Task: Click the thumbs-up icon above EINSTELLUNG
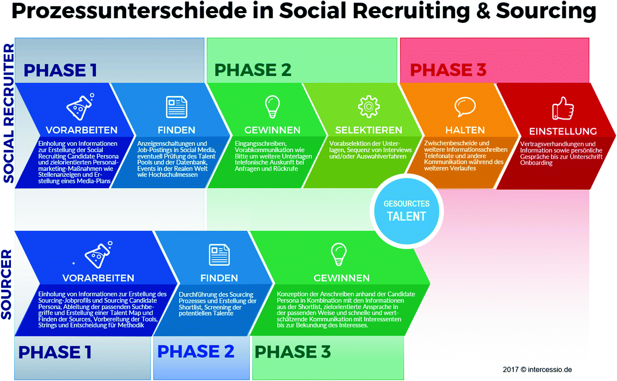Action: [563, 108]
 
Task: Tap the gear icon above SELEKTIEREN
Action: [369, 106]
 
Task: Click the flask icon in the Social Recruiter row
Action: [80, 107]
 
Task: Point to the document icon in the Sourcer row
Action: [219, 254]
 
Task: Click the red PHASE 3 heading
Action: [448, 70]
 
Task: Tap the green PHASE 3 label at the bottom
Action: [293, 352]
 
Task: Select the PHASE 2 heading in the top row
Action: [252, 70]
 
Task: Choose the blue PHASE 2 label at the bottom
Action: [196, 351]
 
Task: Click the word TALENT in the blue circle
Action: [406, 217]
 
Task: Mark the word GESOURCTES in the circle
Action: [407, 204]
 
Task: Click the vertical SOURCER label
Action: [6, 284]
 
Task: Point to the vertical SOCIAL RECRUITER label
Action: [8, 113]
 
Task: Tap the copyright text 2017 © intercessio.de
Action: [537, 370]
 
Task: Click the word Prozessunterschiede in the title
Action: [129, 11]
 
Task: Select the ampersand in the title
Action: [483, 11]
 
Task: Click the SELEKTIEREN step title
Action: [368, 130]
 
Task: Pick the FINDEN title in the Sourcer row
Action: [219, 278]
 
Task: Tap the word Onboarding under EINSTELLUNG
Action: [536, 163]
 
